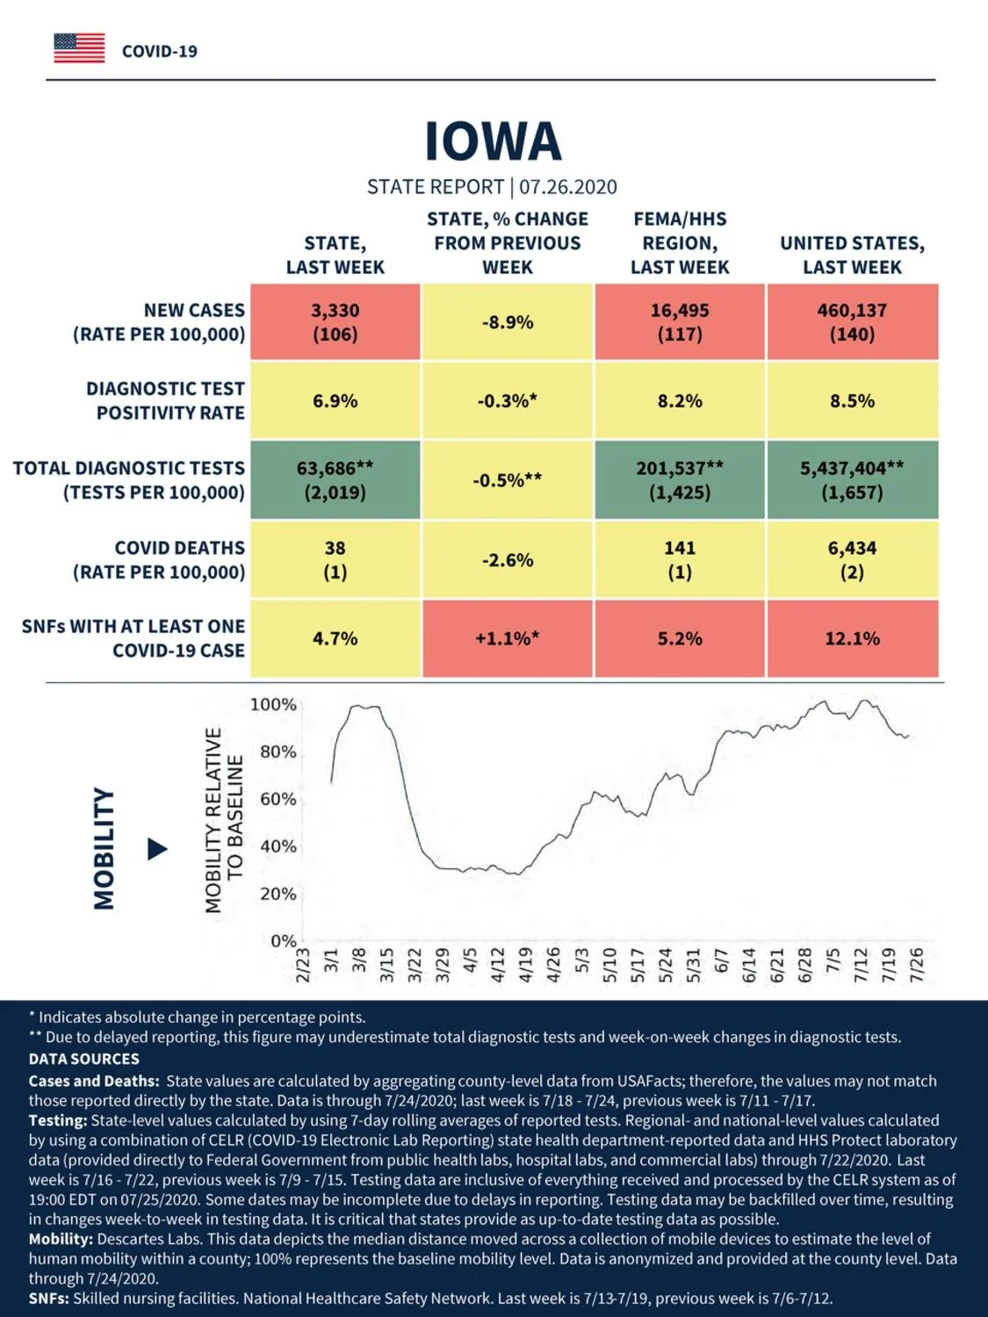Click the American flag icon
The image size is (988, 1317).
(79, 48)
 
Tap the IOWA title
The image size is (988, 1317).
(493, 141)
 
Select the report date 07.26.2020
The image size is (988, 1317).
(567, 187)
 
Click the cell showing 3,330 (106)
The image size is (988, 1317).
(335, 322)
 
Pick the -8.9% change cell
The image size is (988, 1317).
(508, 322)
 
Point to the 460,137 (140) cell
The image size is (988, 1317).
(853, 322)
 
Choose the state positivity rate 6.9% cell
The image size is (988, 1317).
(335, 400)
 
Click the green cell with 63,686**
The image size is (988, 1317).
(335, 480)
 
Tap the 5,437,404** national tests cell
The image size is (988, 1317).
(853, 480)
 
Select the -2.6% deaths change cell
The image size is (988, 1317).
(508, 560)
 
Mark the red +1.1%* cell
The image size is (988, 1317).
(508, 638)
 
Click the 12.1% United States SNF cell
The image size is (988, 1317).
(853, 638)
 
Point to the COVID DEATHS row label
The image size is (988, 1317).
(159, 560)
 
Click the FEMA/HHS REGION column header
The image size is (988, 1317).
(680, 243)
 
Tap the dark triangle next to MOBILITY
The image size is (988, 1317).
(157, 849)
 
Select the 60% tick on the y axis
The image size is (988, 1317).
(278, 799)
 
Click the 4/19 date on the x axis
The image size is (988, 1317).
(525, 964)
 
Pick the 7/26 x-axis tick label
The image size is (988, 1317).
(916, 964)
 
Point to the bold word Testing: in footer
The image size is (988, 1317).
(58, 1120)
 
